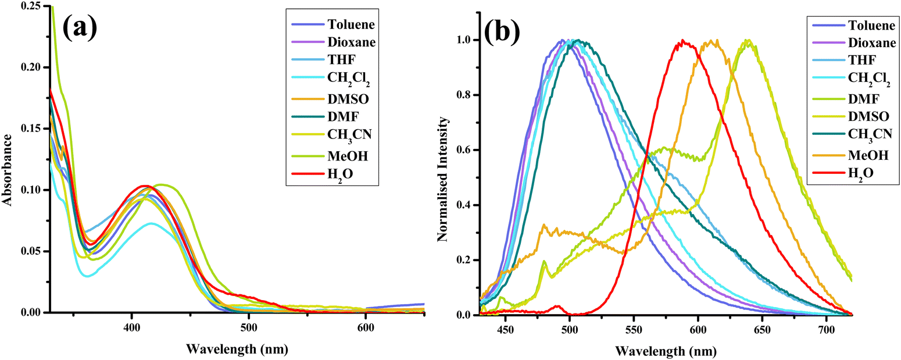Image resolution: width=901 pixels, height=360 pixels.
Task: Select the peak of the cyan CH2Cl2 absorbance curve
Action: [x=151, y=223]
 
